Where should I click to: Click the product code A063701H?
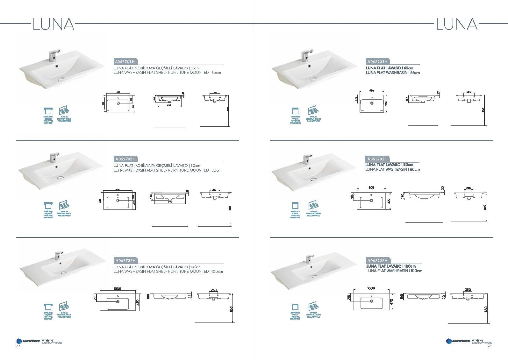coord(125,61)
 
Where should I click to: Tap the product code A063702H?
coord(125,159)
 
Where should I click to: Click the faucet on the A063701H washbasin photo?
coord(53,56)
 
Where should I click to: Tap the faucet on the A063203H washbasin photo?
coord(308,258)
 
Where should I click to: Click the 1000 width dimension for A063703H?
coord(117,289)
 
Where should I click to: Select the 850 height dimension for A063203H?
coord(485,309)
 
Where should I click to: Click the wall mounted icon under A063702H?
coord(64,206)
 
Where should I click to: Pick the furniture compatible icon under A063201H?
coord(295,112)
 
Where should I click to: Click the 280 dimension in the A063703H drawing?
coord(214,290)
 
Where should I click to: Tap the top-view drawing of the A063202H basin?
coord(372,201)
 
